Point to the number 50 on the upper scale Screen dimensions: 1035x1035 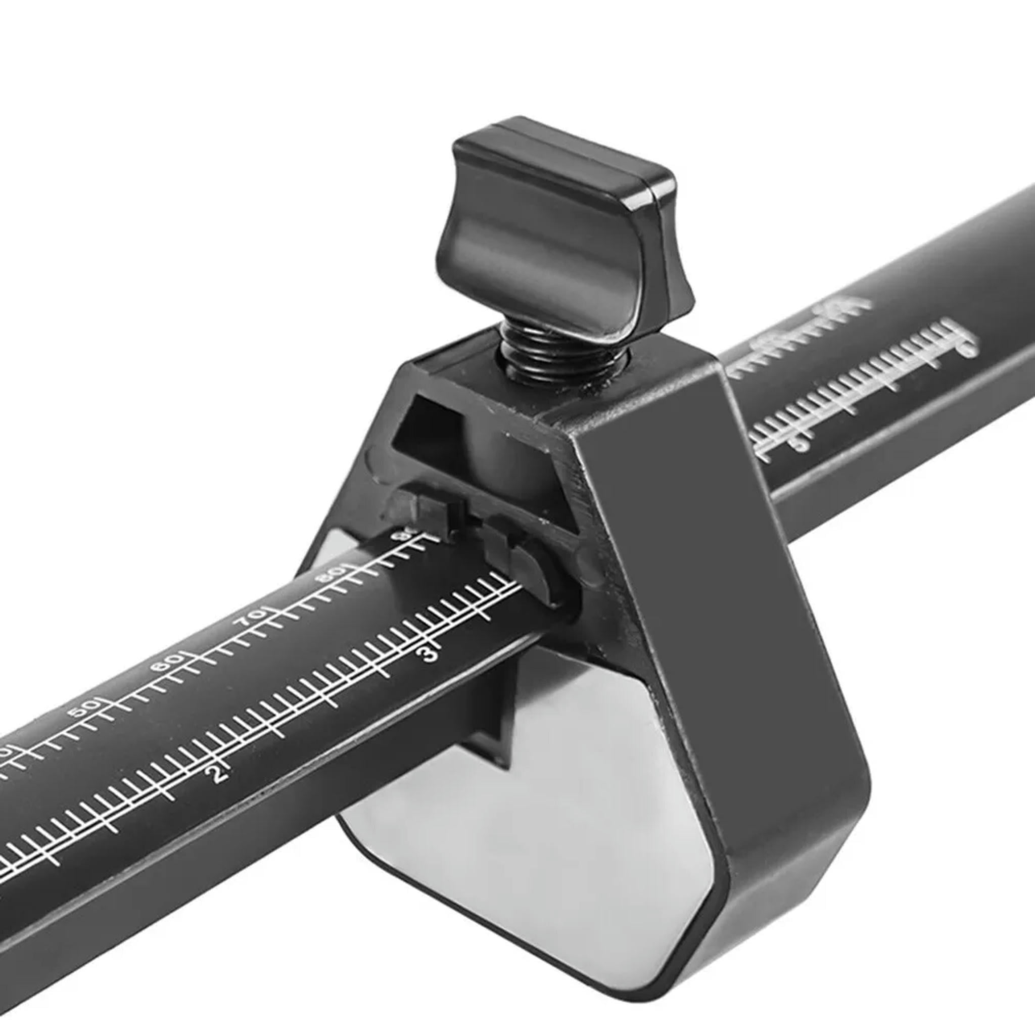coord(84,708)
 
